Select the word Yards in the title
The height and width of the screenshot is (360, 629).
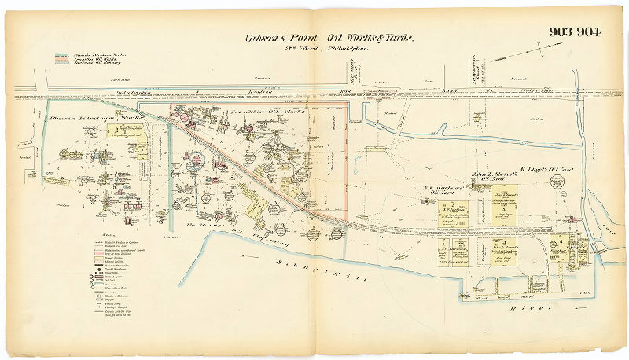[398, 37]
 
